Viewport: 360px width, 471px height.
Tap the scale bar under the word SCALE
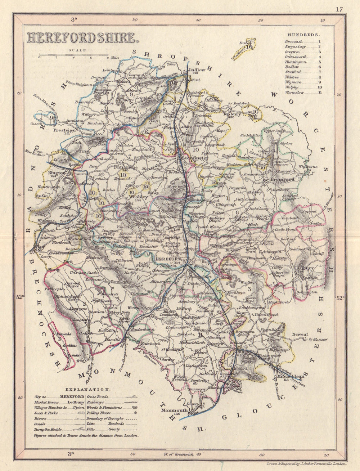click(x=73, y=56)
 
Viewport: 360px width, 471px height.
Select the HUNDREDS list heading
click(x=303, y=35)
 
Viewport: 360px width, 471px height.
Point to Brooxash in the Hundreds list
click(x=293, y=41)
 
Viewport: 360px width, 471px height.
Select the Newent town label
click(x=300, y=334)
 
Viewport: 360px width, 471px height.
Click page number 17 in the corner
click(x=339, y=9)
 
